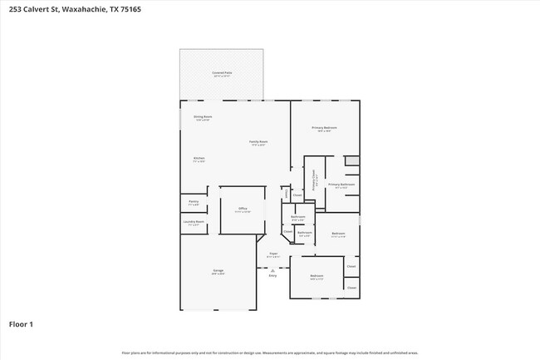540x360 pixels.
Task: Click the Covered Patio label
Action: click(222, 74)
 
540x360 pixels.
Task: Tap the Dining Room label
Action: click(203, 117)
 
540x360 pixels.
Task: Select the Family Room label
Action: click(258, 142)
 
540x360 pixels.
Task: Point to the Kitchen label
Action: click(199, 159)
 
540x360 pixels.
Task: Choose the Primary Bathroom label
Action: click(341, 185)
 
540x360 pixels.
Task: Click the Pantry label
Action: click(193, 202)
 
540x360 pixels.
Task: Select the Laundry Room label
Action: click(194, 222)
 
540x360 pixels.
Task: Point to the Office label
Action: click(243, 210)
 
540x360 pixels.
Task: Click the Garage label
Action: click(218, 271)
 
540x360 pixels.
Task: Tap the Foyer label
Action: click(272, 254)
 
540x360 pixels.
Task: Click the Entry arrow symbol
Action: click(272, 268)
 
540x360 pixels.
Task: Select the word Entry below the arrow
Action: click(272, 275)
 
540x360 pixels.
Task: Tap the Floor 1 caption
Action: click(21, 323)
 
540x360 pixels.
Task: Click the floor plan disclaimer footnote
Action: click(270, 353)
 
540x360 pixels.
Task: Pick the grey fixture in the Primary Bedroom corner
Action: click(352, 160)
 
